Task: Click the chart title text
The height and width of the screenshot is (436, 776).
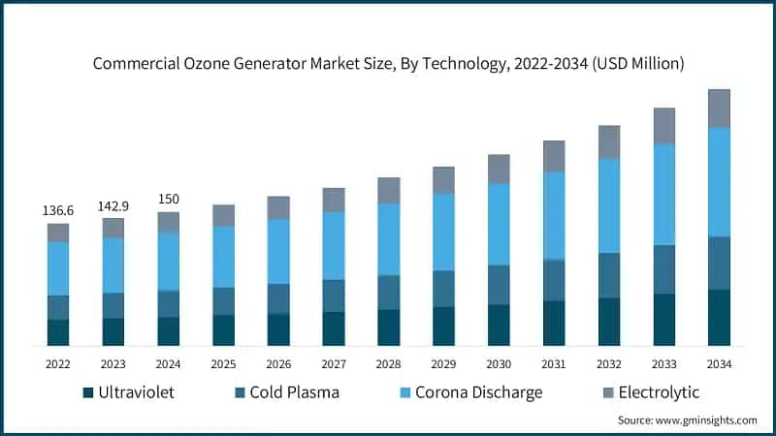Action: (388, 64)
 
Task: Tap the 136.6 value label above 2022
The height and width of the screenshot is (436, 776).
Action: (58, 210)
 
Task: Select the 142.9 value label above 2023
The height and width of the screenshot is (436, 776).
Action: (113, 205)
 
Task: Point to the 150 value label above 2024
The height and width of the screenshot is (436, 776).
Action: (169, 199)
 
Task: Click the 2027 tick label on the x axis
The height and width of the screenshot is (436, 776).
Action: (334, 364)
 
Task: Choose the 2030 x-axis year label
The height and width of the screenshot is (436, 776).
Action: (499, 364)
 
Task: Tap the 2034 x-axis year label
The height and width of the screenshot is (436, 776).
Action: (719, 364)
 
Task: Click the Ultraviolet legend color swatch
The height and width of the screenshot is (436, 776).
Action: (88, 392)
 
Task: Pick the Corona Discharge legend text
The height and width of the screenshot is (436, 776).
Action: (478, 392)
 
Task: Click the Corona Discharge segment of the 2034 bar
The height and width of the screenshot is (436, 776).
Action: (719, 181)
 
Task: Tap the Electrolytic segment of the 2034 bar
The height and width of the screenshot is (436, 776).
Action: (719, 109)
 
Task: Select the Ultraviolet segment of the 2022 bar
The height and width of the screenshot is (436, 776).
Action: (58, 332)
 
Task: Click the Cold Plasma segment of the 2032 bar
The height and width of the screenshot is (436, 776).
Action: (609, 275)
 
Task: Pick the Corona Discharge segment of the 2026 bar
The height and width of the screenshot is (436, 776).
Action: (278, 251)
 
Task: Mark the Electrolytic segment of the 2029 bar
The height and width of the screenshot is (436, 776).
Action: (443, 180)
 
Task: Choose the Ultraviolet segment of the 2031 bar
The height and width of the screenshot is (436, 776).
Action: (554, 323)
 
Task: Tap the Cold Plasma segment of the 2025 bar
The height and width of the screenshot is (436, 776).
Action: (224, 301)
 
